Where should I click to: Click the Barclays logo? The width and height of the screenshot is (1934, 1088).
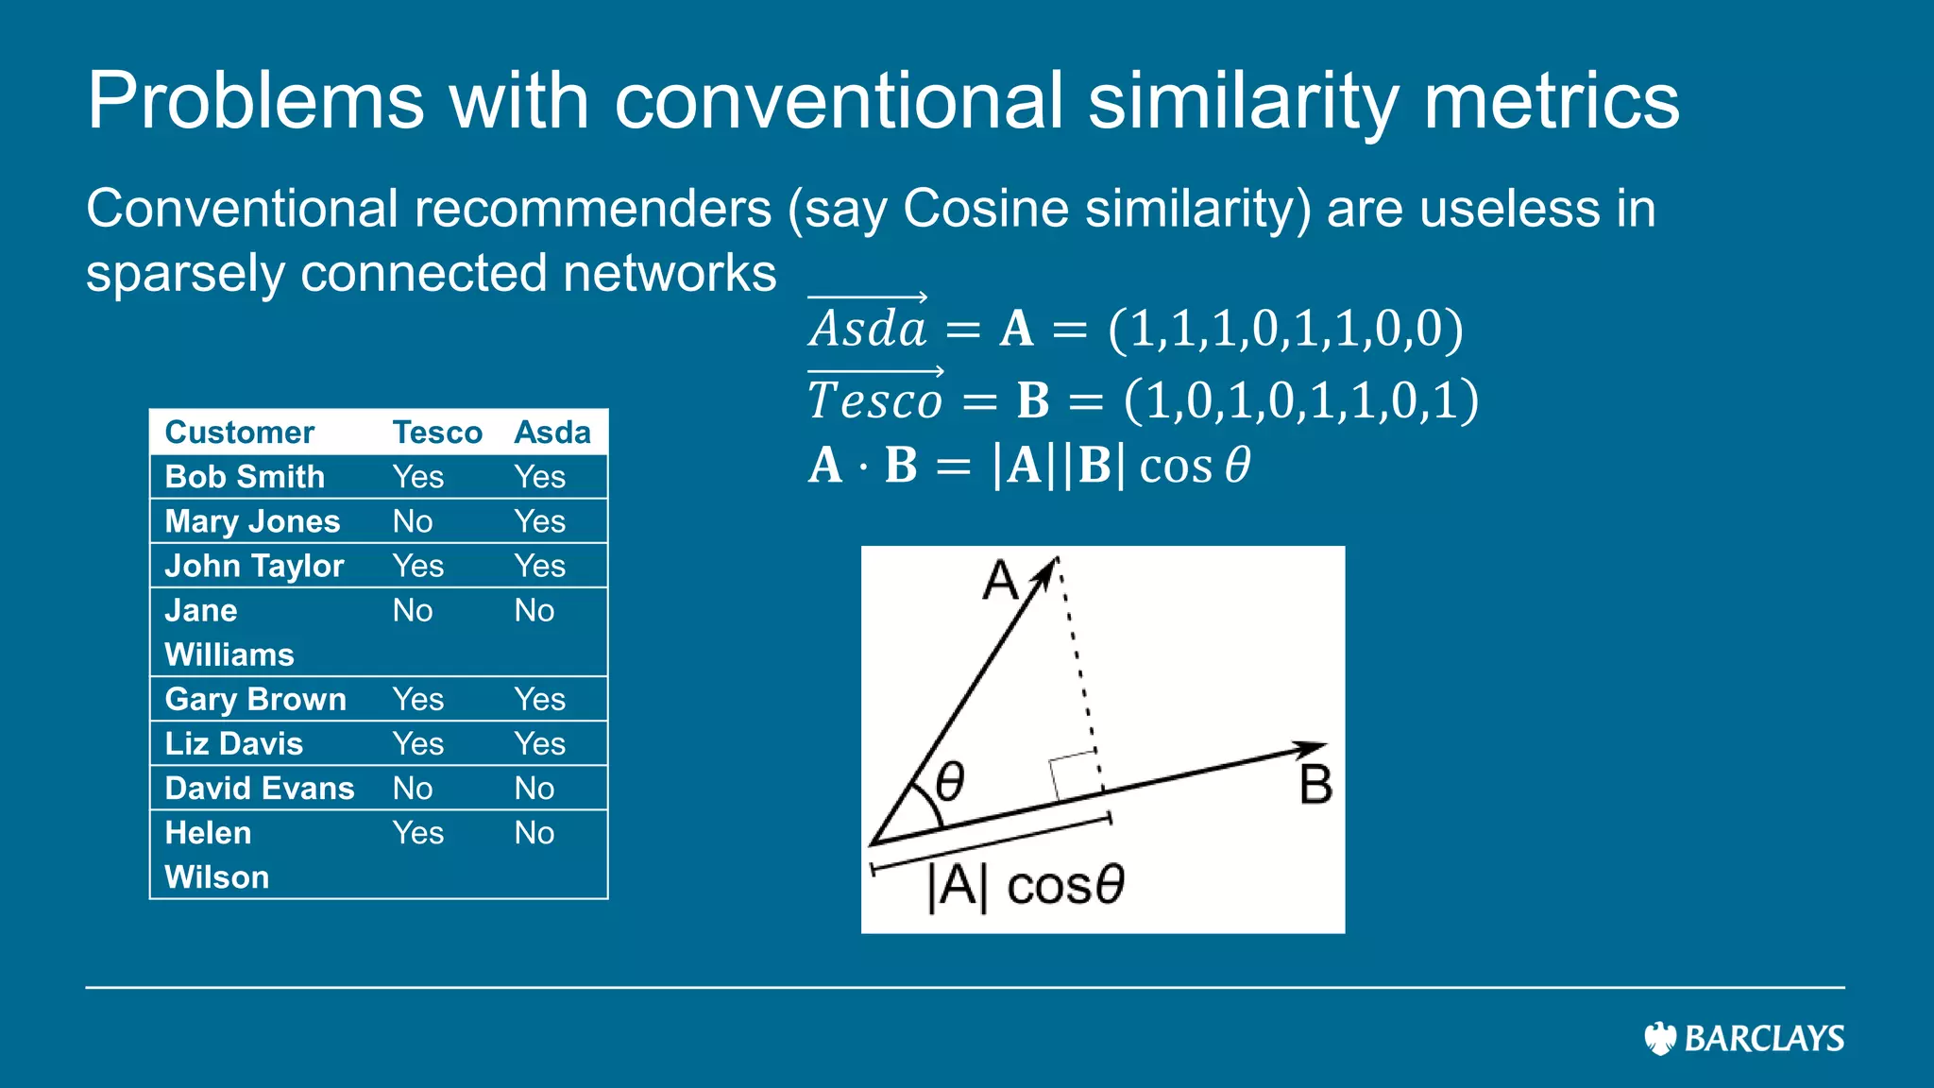[x=1743, y=1038]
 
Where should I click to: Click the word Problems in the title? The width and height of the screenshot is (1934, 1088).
[x=255, y=101]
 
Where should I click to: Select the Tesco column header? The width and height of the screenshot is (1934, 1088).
[x=437, y=433]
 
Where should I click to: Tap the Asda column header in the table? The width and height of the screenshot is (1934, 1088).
[x=552, y=433]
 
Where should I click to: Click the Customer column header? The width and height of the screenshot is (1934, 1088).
[x=239, y=433]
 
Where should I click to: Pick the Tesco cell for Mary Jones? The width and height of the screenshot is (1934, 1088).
[x=413, y=521]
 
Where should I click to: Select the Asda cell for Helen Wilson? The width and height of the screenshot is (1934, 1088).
[x=534, y=833]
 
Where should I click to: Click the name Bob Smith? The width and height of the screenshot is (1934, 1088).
[x=245, y=477]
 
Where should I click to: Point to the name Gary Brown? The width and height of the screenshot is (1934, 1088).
[x=255, y=700]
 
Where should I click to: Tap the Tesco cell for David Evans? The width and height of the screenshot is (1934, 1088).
[x=413, y=789]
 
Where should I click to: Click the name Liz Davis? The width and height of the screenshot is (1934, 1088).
[x=233, y=744]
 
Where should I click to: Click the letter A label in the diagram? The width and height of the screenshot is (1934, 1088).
[x=1000, y=580]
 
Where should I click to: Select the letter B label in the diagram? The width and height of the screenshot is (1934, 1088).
[x=1315, y=785]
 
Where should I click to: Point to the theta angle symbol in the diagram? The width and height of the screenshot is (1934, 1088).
[x=949, y=782]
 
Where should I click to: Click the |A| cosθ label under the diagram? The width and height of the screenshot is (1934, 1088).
[x=1026, y=886]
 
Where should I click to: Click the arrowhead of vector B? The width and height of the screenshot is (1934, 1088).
[x=1313, y=750]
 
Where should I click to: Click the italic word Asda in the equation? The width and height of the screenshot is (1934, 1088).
[x=868, y=329]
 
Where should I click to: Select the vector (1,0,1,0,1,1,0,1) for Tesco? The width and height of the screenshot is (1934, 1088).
[x=1300, y=400]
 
